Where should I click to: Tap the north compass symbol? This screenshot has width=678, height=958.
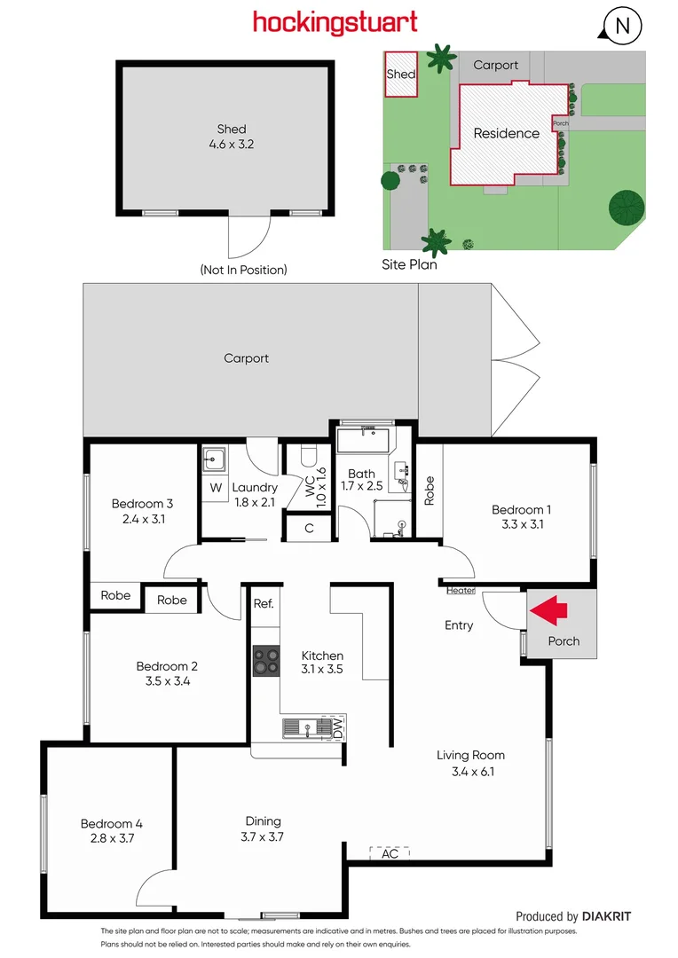coord(623,26)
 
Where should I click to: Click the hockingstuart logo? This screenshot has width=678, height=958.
coord(335,22)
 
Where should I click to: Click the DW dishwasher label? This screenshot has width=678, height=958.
coord(337,728)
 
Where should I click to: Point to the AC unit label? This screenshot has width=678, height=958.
coord(390,853)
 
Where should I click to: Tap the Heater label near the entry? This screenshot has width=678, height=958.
coord(461,591)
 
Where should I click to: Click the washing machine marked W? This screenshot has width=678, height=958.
coord(216,488)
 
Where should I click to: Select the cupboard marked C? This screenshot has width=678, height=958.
coord(309,529)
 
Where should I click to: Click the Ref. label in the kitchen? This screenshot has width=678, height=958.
coord(264,603)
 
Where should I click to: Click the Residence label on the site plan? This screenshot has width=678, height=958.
coord(506,133)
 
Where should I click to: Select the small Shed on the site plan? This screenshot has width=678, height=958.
coord(400,75)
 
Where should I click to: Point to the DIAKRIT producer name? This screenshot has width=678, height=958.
coord(607,916)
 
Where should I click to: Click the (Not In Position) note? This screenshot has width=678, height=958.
coord(243,270)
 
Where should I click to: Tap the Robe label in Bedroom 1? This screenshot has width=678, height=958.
coord(430,491)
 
